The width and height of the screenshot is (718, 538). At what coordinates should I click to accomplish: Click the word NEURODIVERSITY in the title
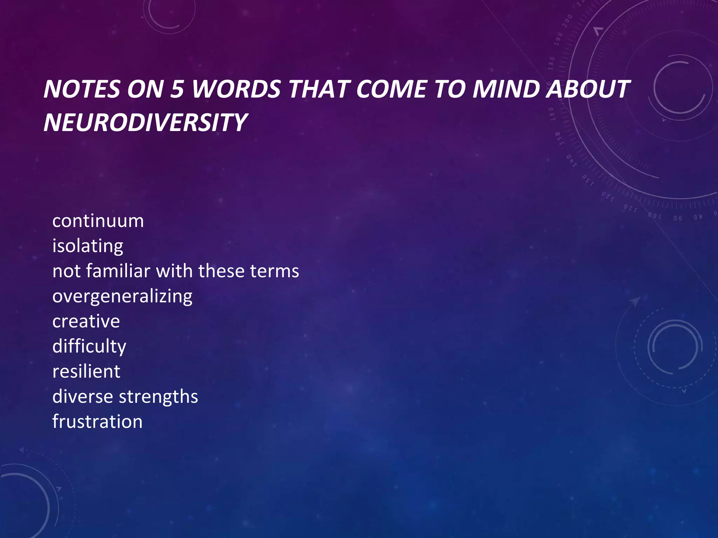tap(145, 123)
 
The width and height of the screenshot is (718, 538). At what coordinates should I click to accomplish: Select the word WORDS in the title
tap(236, 89)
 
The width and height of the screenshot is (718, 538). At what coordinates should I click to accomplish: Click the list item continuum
tap(98, 221)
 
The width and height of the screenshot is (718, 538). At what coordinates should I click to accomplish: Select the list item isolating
tap(88, 246)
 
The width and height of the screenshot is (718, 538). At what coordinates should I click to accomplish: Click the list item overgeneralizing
tap(122, 297)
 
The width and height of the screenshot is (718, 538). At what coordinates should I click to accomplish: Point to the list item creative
tap(86, 322)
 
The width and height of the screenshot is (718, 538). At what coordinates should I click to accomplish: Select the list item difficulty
tap(89, 347)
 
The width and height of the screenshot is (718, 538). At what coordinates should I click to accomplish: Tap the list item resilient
tap(86, 372)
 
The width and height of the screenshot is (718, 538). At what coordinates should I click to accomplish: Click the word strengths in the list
tap(158, 397)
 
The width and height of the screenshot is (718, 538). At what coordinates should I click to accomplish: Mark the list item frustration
tap(97, 422)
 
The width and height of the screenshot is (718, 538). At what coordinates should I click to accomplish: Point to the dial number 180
tap(551, 63)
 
